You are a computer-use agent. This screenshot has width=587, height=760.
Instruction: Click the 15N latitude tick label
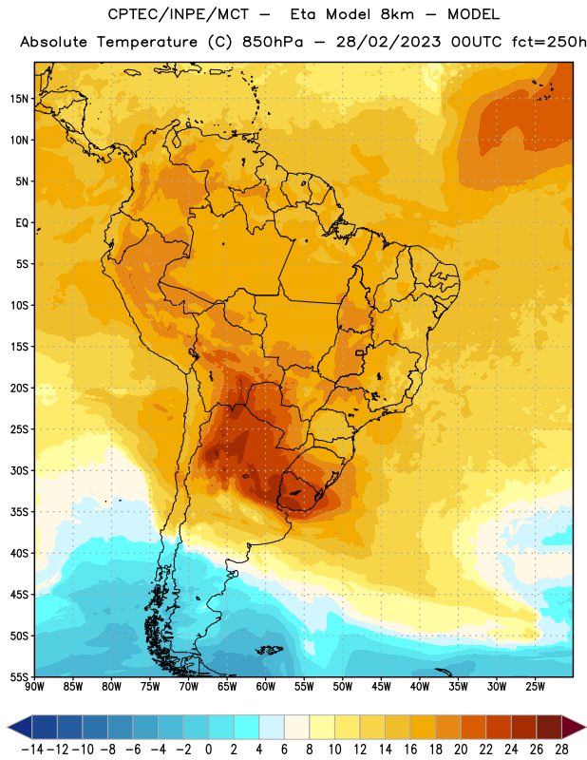coord(19,99)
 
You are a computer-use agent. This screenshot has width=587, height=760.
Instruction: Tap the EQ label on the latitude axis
coord(22,223)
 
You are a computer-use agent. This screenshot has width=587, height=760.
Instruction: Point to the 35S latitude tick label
coord(19,512)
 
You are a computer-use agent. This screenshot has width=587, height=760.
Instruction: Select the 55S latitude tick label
coord(19,677)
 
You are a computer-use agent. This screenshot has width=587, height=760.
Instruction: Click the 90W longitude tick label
coord(34,687)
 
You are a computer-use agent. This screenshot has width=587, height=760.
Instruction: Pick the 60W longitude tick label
coord(266,687)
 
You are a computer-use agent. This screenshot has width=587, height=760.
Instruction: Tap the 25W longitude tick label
coord(535,687)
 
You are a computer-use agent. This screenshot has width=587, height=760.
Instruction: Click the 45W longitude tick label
coord(381,687)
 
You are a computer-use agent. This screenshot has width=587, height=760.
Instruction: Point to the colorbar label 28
coord(561,750)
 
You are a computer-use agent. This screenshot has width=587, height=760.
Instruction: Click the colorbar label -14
coord(32,750)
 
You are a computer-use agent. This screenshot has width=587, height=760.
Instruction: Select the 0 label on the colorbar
coord(208,750)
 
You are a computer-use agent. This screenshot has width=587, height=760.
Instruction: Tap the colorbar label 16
coord(410,750)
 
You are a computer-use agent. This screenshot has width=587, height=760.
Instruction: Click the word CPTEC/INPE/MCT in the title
coord(179,14)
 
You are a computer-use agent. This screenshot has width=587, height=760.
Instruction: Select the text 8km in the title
coord(397,14)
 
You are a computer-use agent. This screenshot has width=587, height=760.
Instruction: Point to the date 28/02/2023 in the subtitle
coord(388,42)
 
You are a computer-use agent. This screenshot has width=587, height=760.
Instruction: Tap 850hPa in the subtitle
coord(273,42)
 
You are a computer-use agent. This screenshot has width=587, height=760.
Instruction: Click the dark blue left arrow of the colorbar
coord(20,727)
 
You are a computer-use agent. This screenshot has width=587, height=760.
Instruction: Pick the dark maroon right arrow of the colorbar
coord(574,727)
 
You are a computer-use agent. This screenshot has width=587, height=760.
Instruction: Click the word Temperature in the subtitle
coord(147,43)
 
